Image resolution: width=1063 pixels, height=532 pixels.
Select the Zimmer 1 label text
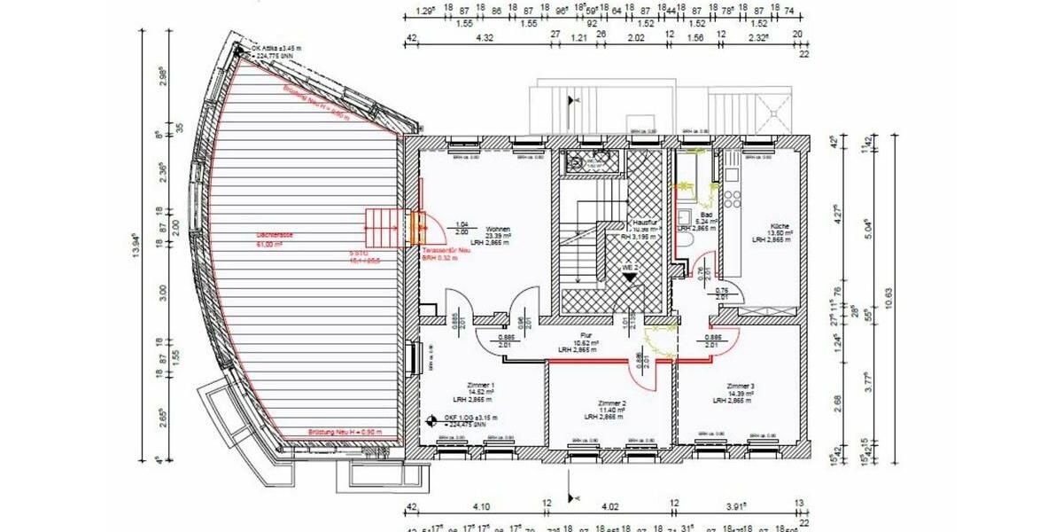point(480,385)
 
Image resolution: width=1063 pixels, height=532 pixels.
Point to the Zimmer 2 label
point(612,402)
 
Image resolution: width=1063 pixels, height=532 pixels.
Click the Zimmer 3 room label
point(741,387)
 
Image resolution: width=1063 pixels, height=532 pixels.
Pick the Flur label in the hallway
point(586,335)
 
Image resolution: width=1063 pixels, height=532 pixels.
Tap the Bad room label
point(706,215)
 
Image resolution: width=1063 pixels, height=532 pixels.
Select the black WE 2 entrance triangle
point(629,277)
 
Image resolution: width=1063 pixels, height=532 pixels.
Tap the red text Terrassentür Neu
point(446,251)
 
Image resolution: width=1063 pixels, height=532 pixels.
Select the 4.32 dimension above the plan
point(485,38)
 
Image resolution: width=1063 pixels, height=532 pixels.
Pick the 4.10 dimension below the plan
point(481,506)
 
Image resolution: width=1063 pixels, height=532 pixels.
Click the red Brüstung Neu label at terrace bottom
point(345,432)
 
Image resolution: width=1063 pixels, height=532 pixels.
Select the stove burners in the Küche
point(732,195)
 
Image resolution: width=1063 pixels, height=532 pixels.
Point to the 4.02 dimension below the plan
point(610,506)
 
